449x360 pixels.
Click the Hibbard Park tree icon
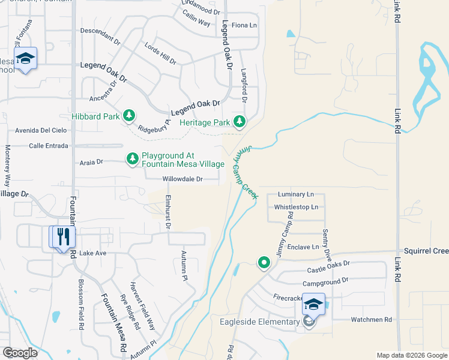[x=128, y=115]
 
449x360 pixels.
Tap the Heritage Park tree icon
[x=240, y=122]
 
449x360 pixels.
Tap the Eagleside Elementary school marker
[x=313, y=305]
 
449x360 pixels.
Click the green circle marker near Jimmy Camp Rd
[x=264, y=263]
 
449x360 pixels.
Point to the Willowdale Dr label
[x=182, y=179]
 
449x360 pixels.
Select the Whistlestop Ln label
[x=296, y=207]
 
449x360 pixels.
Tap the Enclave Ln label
[x=303, y=247]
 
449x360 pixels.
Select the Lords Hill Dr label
[x=160, y=53]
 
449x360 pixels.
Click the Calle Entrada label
[x=49, y=145]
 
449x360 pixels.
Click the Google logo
[x=20, y=353]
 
